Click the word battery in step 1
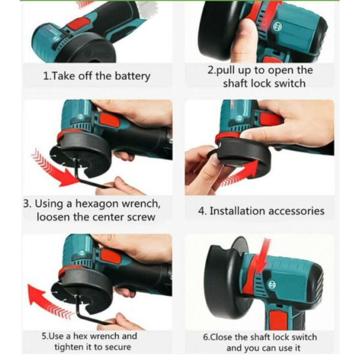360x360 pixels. coord(133,76)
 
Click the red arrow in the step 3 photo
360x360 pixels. coord(55,169)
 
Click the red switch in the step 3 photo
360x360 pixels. coord(110,120)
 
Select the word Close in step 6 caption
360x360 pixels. coord(221,337)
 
